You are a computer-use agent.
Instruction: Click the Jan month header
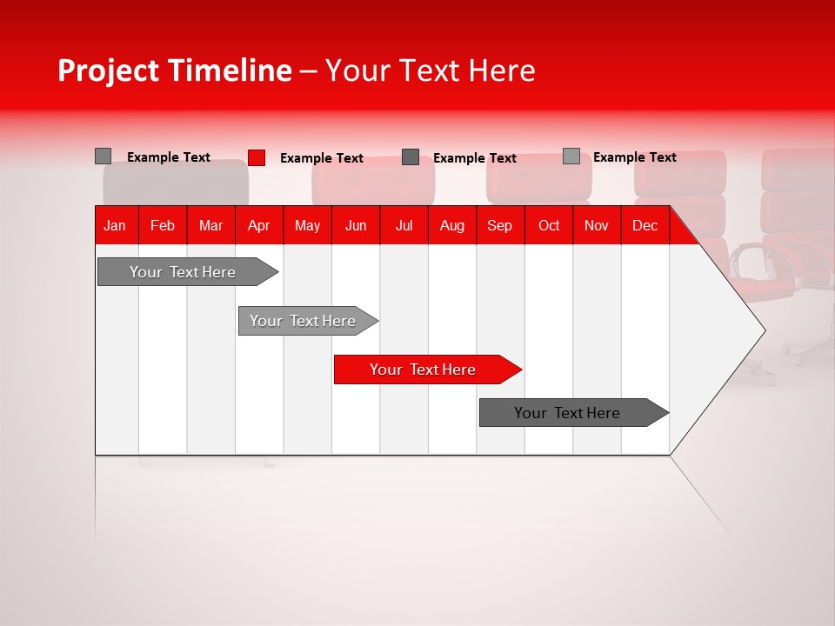tap(115, 226)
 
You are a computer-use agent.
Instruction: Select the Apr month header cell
tap(258, 226)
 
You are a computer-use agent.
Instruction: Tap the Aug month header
tap(451, 226)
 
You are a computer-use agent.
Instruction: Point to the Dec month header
tap(645, 226)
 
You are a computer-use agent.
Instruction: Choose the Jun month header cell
tap(356, 226)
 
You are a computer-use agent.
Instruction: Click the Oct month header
tap(548, 226)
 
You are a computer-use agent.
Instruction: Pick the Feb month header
tap(163, 226)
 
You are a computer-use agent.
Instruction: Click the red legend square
tap(257, 157)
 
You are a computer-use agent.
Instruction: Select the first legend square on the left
tap(104, 156)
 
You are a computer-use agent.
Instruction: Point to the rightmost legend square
tap(571, 156)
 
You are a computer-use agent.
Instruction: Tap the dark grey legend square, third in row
tap(411, 157)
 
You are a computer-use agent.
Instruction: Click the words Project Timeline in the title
tap(174, 70)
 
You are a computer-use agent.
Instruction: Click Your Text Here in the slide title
tap(430, 70)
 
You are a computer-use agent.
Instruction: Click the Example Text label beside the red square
tap(321, 158)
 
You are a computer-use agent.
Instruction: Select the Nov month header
tap(596, 226)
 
